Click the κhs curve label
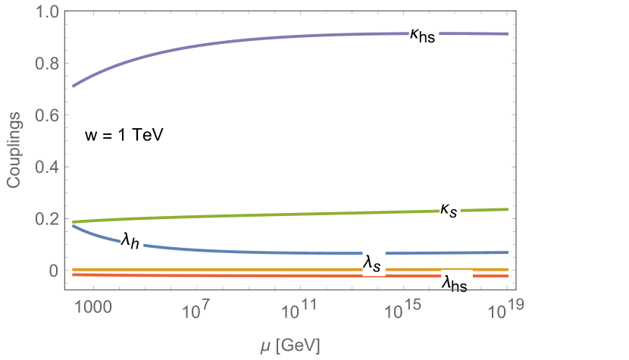423,36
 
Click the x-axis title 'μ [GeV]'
288,346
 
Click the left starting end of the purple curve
74,86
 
